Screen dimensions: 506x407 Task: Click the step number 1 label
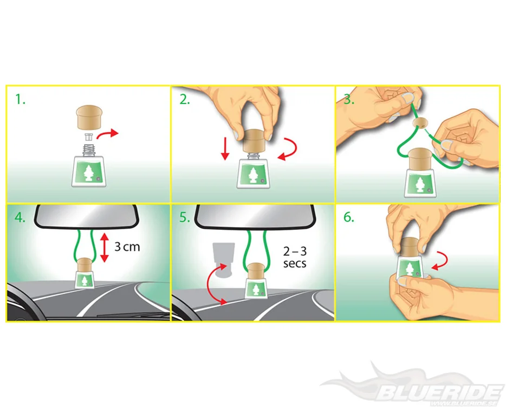point(21,99)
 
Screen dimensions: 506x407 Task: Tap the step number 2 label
point(185,99)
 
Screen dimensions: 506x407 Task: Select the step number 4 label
point(20,217)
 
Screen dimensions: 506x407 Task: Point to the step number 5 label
point(185,217)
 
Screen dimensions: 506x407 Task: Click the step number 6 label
point(349,217)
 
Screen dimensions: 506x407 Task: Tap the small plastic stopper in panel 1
point(89,137)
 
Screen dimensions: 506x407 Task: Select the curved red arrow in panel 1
point(107,134)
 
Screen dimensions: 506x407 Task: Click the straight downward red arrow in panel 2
point(225,148)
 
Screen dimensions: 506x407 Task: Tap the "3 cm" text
point(127,247)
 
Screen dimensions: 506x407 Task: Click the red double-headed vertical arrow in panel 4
point(104,248)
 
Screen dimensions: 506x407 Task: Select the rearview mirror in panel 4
point(87,216)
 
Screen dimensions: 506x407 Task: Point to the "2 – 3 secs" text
point(295,257)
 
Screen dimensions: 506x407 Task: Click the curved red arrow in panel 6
point(442,261)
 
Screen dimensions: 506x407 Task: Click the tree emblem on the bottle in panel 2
point(252,175)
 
